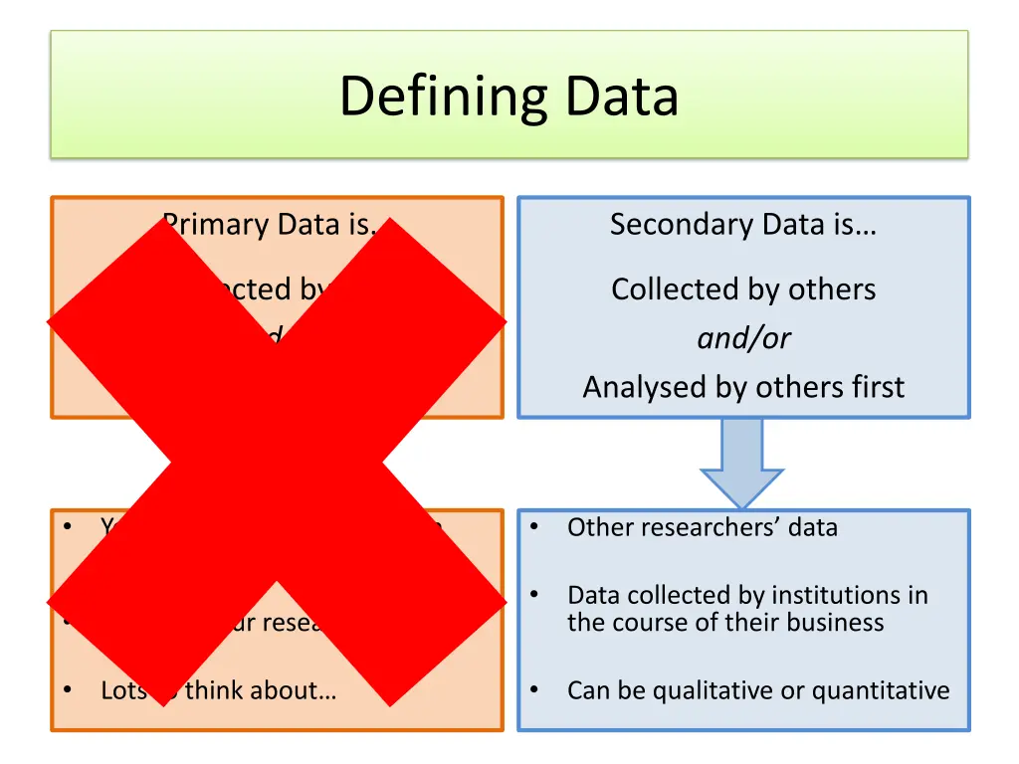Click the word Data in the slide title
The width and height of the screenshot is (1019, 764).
coord(622,97)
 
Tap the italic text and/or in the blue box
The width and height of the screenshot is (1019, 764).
coord(743,338)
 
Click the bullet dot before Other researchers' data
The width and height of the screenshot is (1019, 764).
coord(534,526)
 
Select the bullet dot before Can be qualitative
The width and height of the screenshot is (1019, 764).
coord(534,689)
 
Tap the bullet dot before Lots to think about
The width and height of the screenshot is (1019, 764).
coord(67,689)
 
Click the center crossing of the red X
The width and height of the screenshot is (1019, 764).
coord(277,462)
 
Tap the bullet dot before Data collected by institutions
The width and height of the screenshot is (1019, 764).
coord(534,595)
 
